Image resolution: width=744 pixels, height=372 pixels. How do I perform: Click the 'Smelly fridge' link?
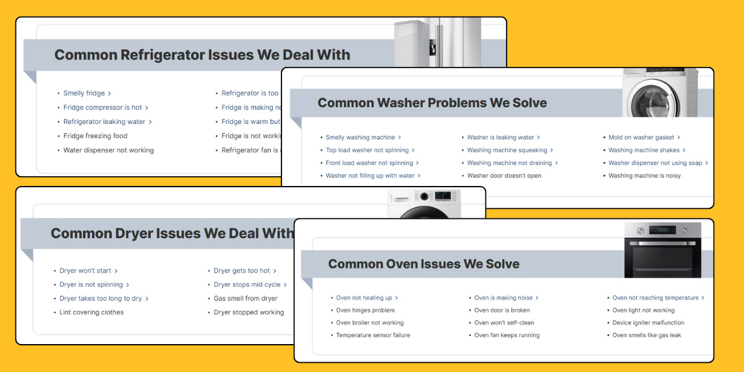tap(84, 94)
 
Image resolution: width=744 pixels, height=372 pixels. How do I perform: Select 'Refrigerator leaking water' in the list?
tap(104, 122)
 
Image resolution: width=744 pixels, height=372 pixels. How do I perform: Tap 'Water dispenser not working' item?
tap(108, 151)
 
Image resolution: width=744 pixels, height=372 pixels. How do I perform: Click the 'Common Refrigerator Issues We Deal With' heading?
tap(202, 55)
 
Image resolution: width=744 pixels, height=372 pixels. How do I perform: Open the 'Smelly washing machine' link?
tap(360, 138)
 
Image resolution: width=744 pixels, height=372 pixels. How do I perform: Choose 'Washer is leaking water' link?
tap(500, 138)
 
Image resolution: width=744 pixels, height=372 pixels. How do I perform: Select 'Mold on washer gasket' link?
tap(641, 138)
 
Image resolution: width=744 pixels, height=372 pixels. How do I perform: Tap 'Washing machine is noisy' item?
tap(644, 176)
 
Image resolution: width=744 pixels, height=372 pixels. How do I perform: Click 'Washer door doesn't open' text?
tap(504, 176)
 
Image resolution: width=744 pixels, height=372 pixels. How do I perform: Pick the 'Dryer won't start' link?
tap(86, 271)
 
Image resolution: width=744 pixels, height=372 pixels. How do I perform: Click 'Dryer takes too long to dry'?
tap(100, 299)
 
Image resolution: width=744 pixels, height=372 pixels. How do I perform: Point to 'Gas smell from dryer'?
tap(246, 299)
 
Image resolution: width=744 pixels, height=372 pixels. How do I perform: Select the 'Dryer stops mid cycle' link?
tap(247, 285)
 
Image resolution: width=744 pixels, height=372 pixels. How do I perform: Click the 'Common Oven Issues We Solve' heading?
tap(423, 264)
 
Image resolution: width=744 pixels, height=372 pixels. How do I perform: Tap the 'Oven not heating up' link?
tap(364, 298)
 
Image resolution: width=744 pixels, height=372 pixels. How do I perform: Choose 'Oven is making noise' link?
tap(503, 298)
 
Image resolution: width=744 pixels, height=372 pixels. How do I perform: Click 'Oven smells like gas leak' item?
tap(647, 335)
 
